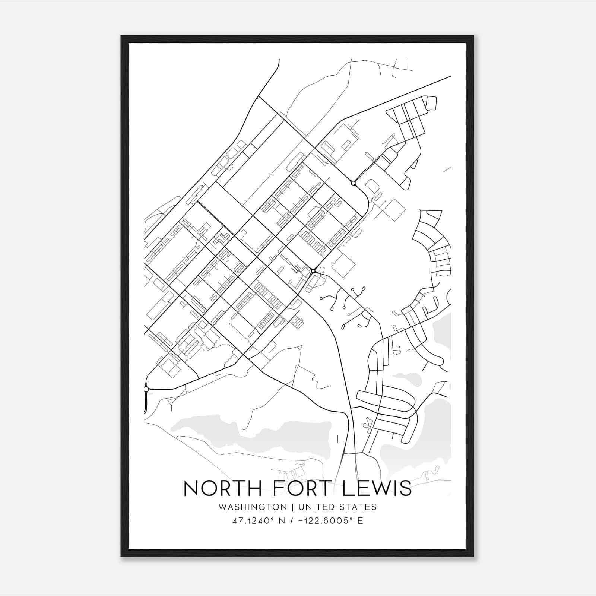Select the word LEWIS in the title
click(376, 488)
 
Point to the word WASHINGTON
click(253, 507)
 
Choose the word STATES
click(358, 507)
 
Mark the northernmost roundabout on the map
click(353, 183)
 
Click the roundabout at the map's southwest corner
click(146, 389)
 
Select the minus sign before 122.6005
click(301, 521)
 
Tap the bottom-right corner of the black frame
click(473, 557)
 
